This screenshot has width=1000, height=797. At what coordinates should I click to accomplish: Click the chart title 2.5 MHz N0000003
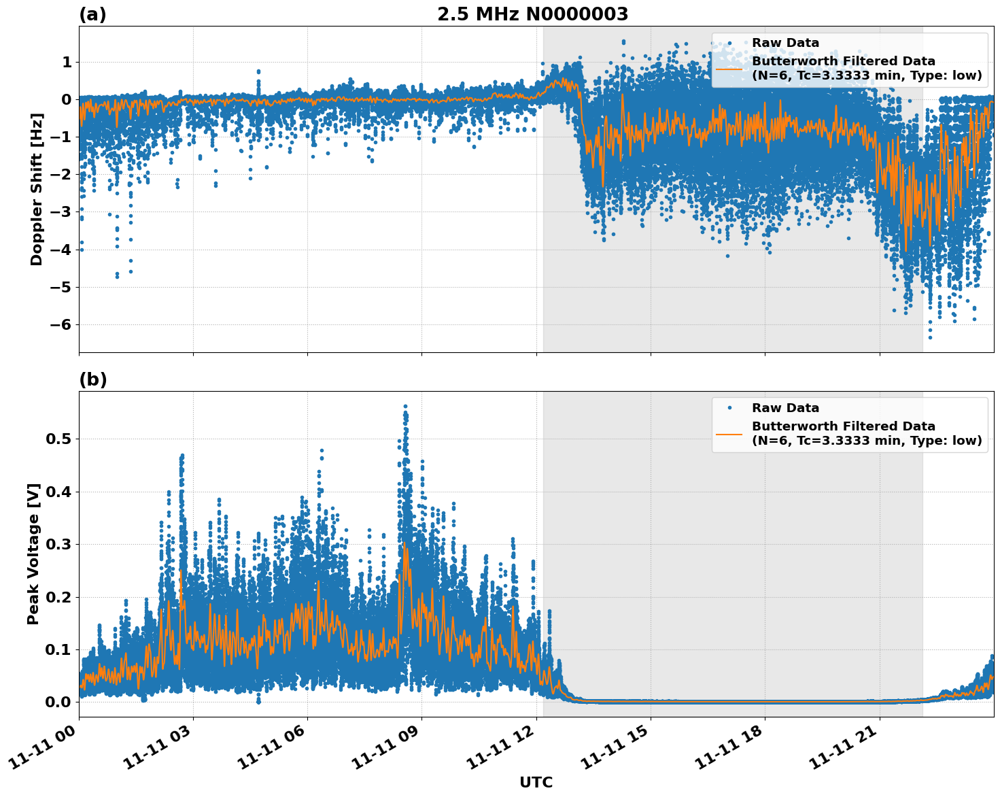(532, 14)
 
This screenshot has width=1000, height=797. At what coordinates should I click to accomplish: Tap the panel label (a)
(92, 14)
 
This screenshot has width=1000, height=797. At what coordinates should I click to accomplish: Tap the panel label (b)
(92, 379)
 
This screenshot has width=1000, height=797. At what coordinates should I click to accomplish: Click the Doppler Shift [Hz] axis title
(36, 189)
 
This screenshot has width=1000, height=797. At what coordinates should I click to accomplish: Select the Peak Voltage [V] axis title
(33, 554)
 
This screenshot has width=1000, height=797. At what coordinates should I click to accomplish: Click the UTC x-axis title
(536, 782)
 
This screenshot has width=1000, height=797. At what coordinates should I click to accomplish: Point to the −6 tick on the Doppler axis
(62, 324)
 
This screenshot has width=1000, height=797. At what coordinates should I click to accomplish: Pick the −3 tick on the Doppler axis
(62, 212)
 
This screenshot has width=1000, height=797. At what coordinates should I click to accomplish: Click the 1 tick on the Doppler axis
(67, 63)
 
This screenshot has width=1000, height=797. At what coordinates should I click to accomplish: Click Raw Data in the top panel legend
(785, 43)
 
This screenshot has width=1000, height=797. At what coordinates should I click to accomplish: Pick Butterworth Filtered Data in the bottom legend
(843, 426)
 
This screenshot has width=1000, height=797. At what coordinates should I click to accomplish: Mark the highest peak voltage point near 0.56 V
(405, 406)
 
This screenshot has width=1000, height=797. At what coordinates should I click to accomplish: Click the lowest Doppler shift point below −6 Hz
(930, 337)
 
